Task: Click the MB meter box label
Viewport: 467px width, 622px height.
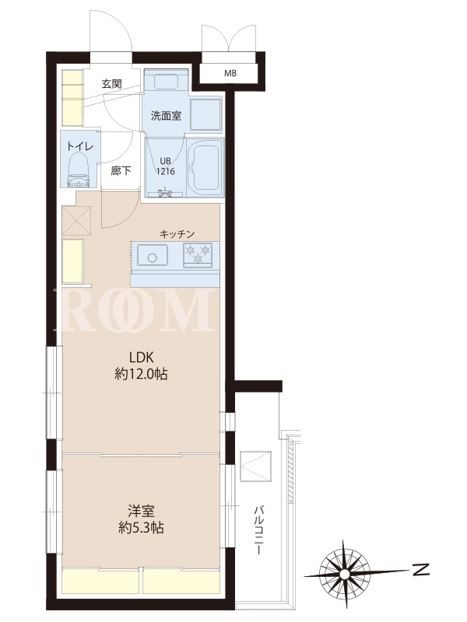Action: click(230, 73)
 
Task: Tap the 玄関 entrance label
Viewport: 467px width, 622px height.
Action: click(111, 84)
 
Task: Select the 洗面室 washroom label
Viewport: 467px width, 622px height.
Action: click(166, 116)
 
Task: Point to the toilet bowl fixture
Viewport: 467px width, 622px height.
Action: click(79, 170)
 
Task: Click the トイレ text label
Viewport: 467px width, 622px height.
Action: click(80, 146)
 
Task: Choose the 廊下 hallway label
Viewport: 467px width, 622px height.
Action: click(121, 171)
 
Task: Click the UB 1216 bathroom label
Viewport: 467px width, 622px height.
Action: click(165, 166)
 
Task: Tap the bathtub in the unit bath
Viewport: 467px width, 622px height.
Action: click(206, 166)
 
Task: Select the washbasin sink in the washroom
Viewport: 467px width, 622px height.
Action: click(166, 82)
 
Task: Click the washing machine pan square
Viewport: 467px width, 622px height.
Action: click(205, 114)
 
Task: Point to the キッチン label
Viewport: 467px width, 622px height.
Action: click(177, 234)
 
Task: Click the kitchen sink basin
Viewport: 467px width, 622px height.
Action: click(152, 255)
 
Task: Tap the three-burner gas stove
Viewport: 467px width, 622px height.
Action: click(198, 255)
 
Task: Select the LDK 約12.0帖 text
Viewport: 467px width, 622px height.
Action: click(141, 365)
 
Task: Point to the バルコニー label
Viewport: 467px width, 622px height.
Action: click(258, 529)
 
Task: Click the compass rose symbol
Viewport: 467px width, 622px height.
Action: click(344, 574)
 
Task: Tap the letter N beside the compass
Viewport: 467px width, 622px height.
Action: click(421, 570)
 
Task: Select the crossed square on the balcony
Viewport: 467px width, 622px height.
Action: click(256, 466)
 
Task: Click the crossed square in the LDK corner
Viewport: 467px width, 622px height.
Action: click(76, 221)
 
